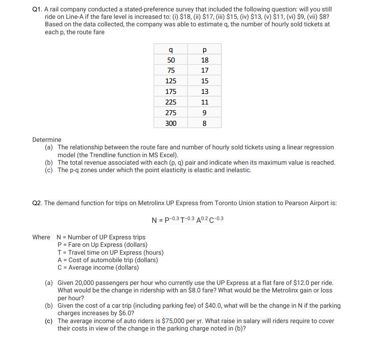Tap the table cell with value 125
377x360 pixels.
(x=171, y=81)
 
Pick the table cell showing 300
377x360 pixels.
(x=171, y=123)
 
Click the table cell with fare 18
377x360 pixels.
(x=205, y=60)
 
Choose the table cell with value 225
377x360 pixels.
(x=171, y=102)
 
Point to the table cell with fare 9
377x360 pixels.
(x=205, y=113)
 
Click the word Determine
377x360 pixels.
(x=47, y=140)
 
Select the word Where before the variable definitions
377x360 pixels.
(x=41, y=237)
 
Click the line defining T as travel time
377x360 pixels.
(x=110, y=253)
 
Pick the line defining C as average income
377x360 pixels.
(x=98, y=268)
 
